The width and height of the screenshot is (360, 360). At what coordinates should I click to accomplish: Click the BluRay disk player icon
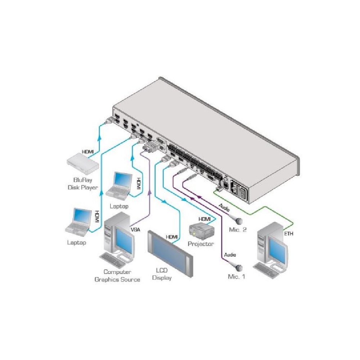tap(83, 164)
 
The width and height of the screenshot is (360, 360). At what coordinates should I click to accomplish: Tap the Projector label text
tap(201, 244)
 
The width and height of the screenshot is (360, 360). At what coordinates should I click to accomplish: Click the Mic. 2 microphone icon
tap(239, 221)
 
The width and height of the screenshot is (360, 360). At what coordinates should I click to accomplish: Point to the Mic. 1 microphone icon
tap(238, 267)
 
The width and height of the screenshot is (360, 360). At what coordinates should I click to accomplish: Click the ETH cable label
tap(289, 234)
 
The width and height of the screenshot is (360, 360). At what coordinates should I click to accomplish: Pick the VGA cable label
tap(135, 229)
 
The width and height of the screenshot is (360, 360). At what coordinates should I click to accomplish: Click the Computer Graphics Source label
tap(117, 275)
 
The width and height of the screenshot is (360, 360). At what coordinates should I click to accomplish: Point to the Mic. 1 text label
tap(236, 276)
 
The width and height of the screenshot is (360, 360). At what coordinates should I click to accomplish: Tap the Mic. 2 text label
tap(238, 230)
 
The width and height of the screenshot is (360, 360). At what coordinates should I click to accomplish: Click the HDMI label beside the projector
tap(204, 219)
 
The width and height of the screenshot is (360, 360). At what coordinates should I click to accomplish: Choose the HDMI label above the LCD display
tap(172, 237)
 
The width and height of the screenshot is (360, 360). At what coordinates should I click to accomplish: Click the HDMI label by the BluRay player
tap(88, 152)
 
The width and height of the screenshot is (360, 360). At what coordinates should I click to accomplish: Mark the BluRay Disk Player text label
tap(83, 184)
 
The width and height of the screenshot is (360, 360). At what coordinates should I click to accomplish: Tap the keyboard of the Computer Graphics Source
tap(111, 259)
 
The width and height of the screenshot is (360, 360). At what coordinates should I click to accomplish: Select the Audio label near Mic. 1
tap(230, 255)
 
